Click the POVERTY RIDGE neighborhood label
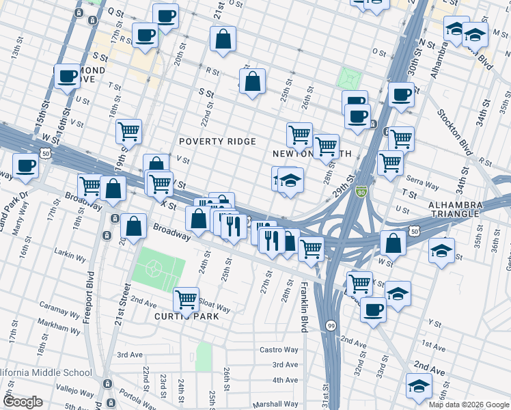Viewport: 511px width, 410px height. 217,141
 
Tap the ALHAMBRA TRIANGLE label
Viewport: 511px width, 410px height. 469,210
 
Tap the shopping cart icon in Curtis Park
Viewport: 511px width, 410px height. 186,299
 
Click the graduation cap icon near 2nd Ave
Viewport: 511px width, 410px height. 419,385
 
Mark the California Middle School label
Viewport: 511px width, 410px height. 44,372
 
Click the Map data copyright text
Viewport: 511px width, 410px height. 468,405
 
